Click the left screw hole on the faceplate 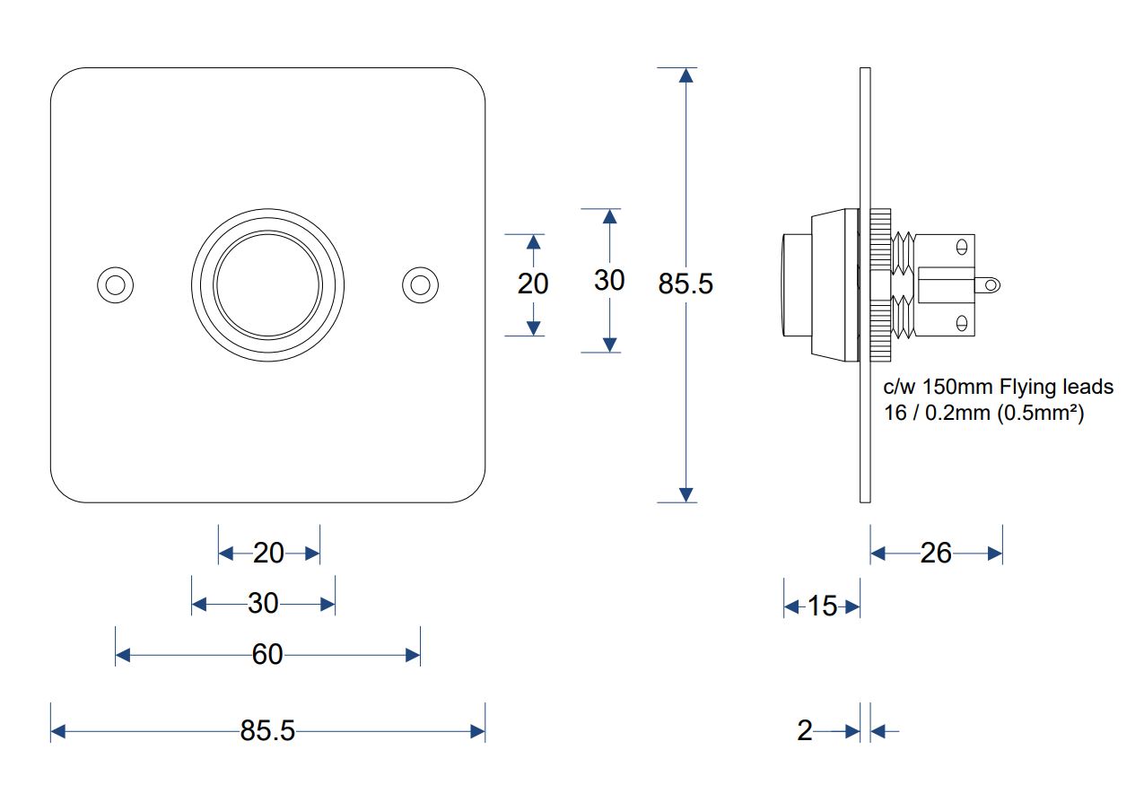point(116,285)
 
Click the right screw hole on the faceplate point(420,285)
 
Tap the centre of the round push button point(268,285)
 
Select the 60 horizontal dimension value point(267,654)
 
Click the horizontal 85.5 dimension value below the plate point(267,730)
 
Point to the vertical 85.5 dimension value point(686,283)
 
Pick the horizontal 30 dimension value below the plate point(263,603)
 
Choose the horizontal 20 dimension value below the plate point(268,553)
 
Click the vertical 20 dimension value point(533,283)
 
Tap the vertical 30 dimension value point(609,280)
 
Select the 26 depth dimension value point(936,553)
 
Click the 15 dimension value point(822,606)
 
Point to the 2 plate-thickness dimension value point(805,730)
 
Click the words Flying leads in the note point(1056,388)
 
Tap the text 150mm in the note point(957,388)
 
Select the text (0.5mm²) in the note point(1040,413)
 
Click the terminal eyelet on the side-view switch point(991,285)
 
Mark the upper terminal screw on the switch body point(962,248)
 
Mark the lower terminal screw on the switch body point(962,323)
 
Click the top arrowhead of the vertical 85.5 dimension point(686,75)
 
